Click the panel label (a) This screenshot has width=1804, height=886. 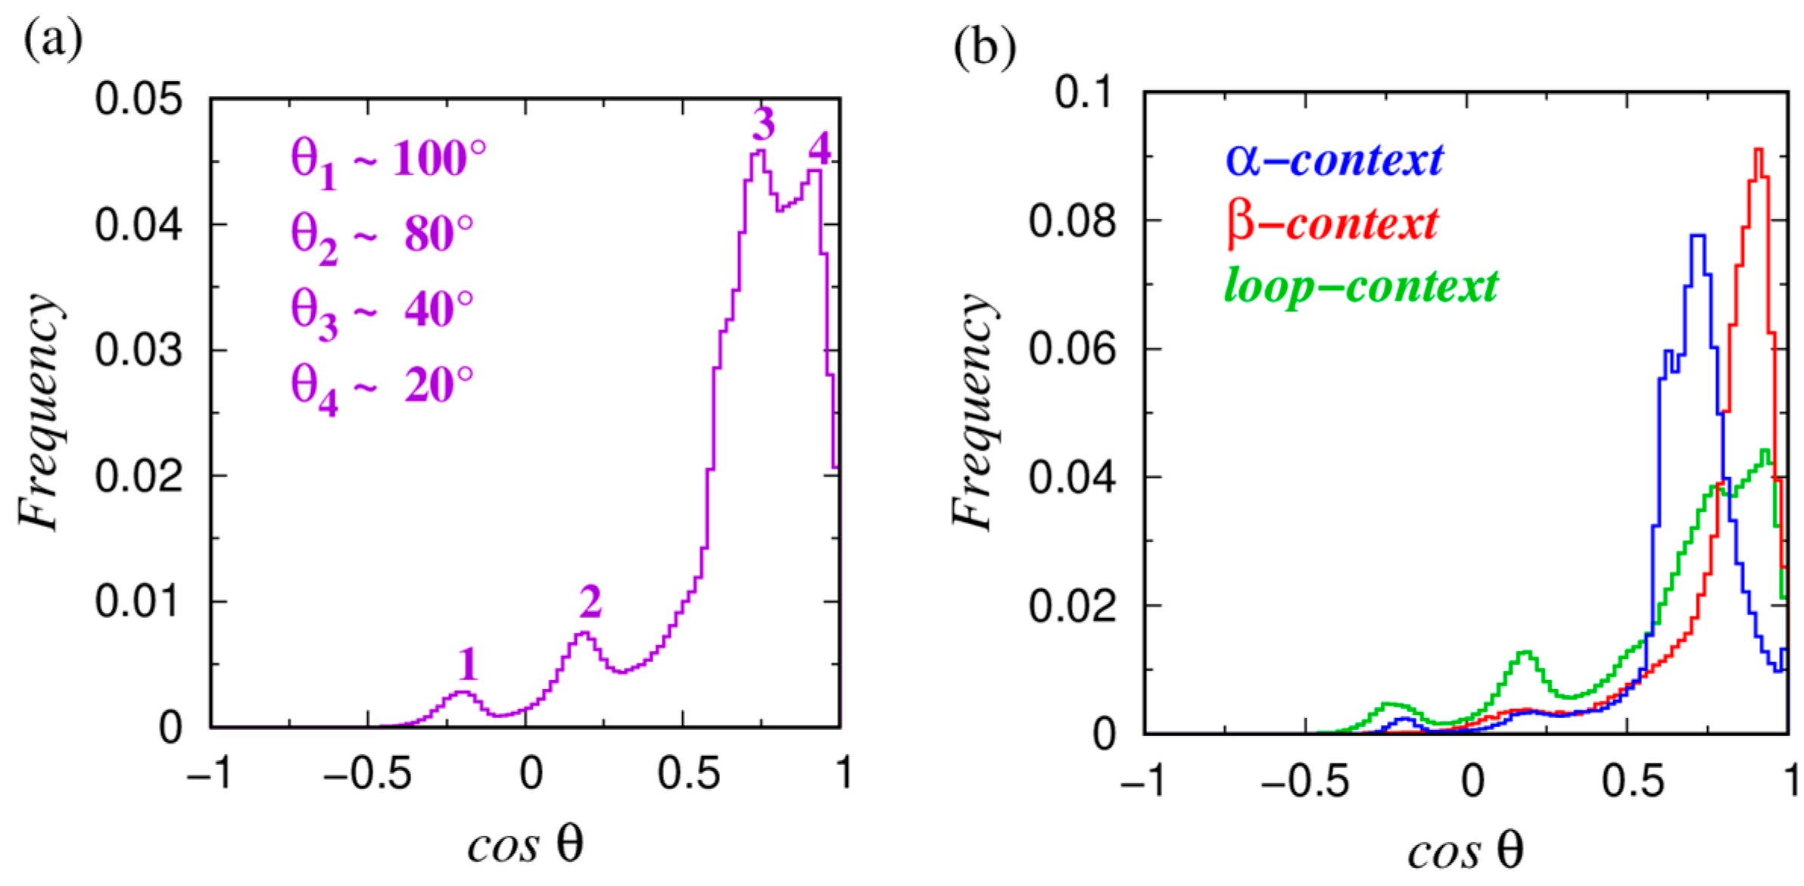point(53,39)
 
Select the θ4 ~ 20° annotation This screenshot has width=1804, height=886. point(382,388)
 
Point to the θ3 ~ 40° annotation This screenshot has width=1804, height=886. point(382,313)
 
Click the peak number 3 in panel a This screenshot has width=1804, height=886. point(763,124)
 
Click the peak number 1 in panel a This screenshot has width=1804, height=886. point(468,664)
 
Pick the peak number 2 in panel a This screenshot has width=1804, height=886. point(590,602)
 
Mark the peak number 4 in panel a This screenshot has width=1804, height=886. point(819,148)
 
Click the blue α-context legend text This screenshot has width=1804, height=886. point(1334,160)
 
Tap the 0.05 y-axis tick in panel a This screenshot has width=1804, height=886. point(139,99)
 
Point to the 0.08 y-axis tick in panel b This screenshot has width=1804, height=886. point(1072,221)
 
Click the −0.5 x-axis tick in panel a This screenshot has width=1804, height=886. point(367,774)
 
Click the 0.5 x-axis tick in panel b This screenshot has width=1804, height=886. point(1632,780)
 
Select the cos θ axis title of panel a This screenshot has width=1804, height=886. point(525,844)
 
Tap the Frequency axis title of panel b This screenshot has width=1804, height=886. point(973,413)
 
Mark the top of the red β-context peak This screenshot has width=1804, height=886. point(1759,149)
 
